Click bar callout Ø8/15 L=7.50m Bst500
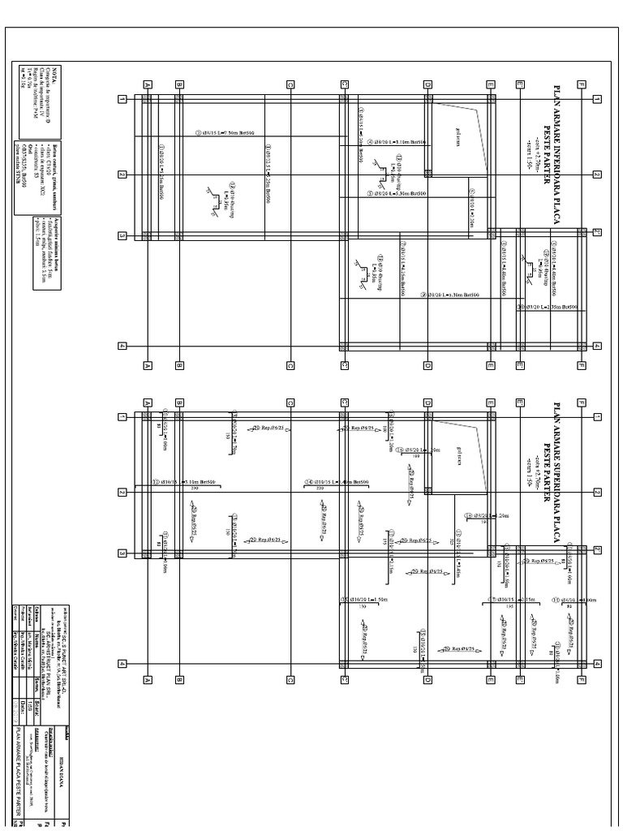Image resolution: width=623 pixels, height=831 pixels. [x=225, y=133]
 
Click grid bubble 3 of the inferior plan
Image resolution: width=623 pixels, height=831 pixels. [x=122, y=236]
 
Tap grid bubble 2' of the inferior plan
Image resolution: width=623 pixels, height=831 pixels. [x=597, y=231]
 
